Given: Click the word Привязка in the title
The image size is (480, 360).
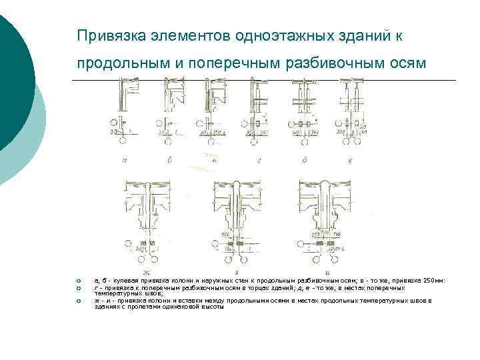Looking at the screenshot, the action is pos(106,35).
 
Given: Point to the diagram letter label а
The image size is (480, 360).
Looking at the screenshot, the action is pos(125,160).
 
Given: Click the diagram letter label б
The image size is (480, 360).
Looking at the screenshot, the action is pos(170,160).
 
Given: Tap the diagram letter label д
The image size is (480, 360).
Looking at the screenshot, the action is pos(304,160).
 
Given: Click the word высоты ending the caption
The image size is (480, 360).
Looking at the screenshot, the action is pos(211,306).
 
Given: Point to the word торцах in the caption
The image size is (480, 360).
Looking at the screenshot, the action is pos(255,287).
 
